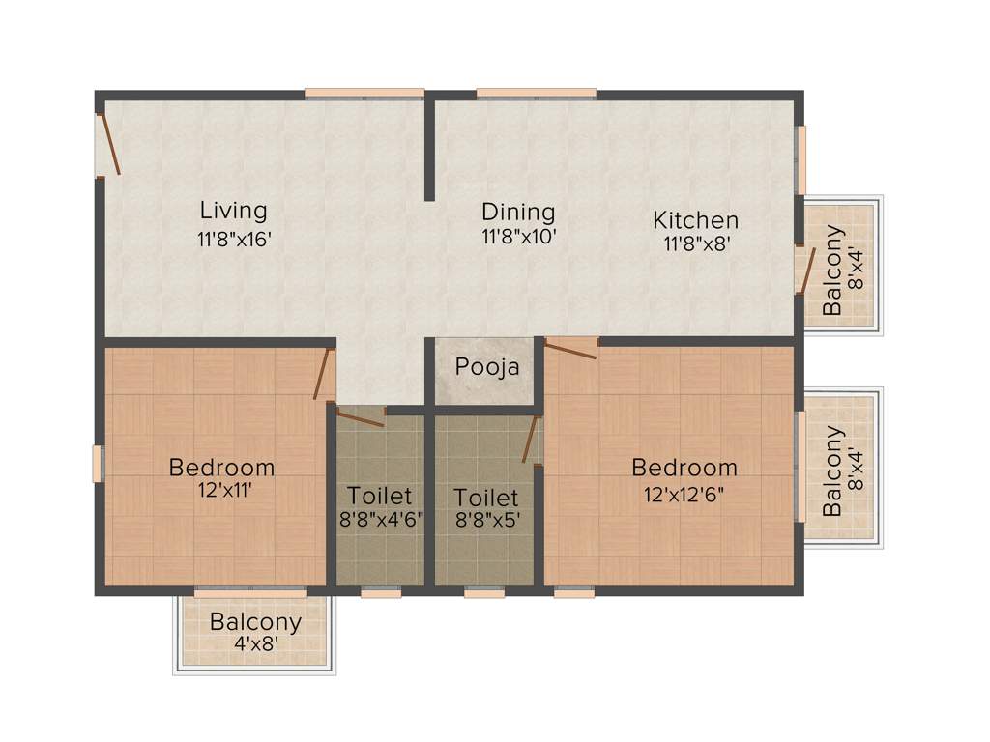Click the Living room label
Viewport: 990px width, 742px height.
233,210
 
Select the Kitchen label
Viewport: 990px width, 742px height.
695,220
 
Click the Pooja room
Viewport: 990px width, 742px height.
487,368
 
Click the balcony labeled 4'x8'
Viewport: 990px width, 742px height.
255,633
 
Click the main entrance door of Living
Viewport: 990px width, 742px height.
109,145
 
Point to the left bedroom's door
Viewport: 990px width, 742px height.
323,374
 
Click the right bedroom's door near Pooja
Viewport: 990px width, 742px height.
570,349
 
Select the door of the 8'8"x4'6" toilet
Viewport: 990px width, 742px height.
361,417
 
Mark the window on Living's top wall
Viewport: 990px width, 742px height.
364,94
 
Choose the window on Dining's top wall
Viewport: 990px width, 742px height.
536,94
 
